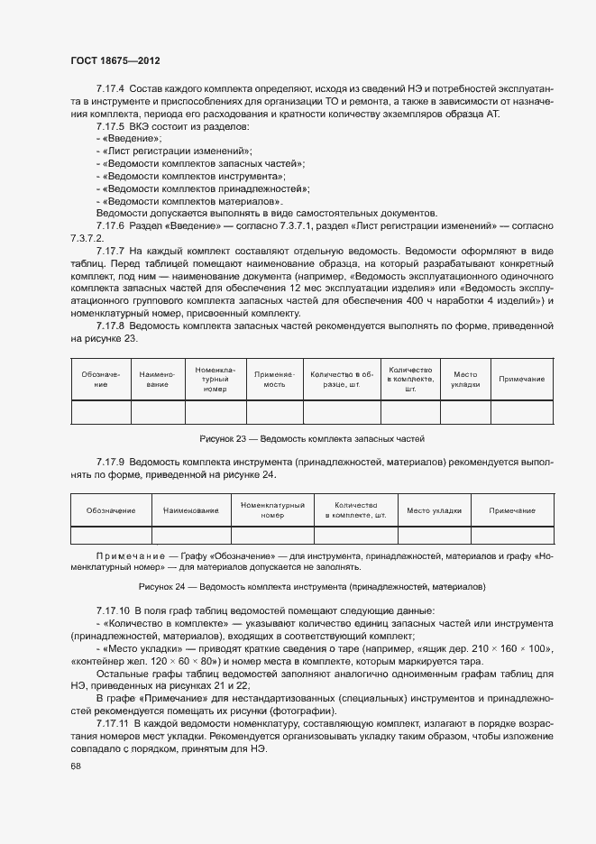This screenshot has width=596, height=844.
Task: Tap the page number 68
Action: click(x=75, y=766)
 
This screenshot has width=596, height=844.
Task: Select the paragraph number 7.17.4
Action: click(x=110, y=88)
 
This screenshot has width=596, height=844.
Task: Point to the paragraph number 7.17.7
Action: click(x=110, y=250)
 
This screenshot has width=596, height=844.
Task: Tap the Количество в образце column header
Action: click(x=342, y=379)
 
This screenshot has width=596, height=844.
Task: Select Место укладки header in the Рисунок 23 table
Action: click(x=465, y=379)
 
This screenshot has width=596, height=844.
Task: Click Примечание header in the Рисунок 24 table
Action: click(x=512, y=510)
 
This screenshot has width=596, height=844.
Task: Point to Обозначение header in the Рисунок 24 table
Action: click(x=111, y=510)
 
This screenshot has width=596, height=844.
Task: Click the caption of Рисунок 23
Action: click(x=312, y=438)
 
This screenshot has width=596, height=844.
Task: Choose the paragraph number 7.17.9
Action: click(x=110, y=462)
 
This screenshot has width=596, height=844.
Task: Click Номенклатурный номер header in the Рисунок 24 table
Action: click(x=272, y=510)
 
